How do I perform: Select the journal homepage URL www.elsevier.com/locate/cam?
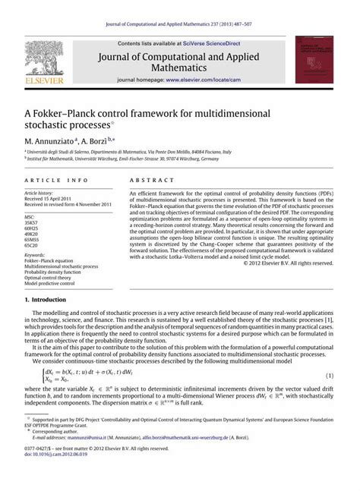pyautogui.click(x=207, y=79)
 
